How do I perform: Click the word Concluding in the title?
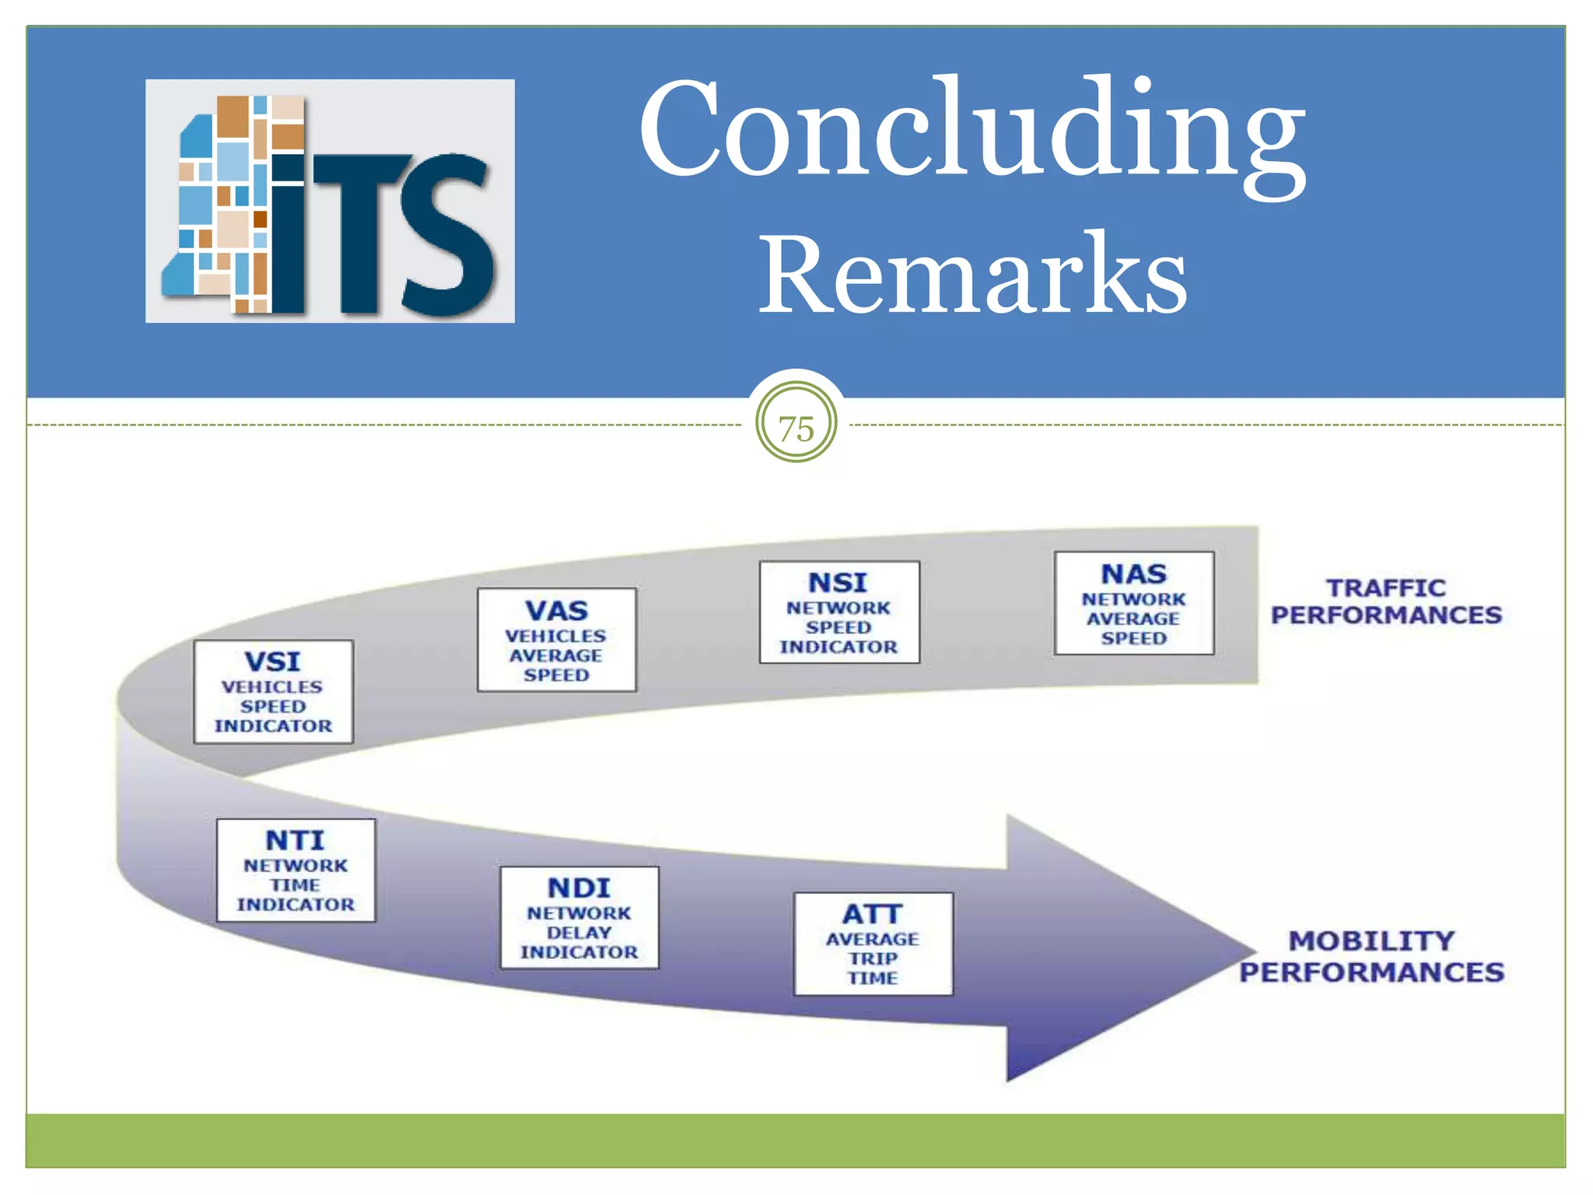pos(972,128)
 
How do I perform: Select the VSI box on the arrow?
pos(273,692)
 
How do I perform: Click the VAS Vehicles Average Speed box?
pos(556,640)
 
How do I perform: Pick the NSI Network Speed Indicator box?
pos(839,612)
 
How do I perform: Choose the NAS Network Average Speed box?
pos(1133,603)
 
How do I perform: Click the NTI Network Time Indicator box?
pos(296,870)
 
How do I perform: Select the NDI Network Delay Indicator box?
pos(579,917)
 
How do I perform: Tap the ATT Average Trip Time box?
pos(873,944)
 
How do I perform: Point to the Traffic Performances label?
pos(1386,601)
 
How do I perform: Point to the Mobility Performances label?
pos(1371,956)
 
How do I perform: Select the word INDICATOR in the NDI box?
pos(579,952)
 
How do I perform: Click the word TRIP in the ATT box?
pos(873,958)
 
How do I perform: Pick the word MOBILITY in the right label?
pos(1371,941)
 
